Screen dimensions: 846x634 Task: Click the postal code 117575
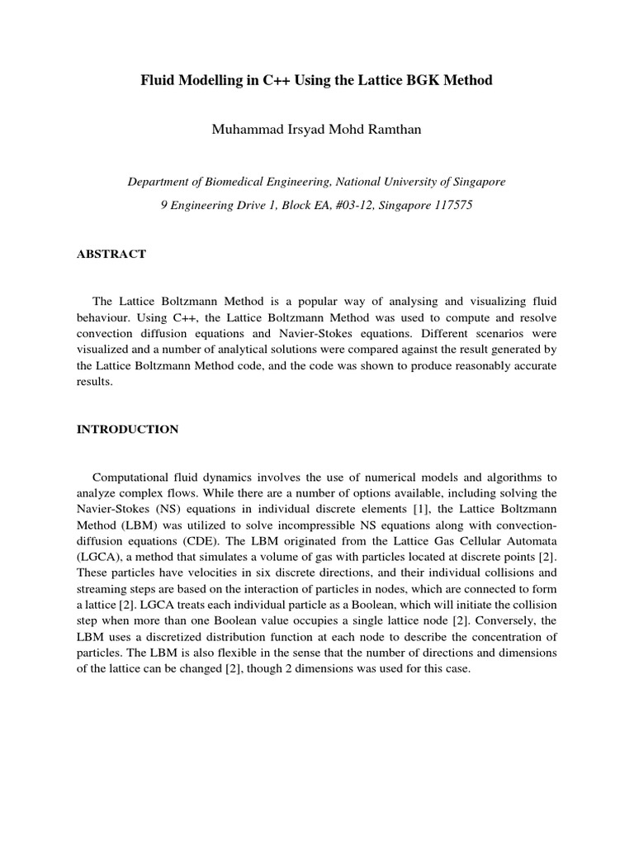coord(449,205)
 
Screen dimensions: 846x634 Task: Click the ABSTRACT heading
coord(111,254)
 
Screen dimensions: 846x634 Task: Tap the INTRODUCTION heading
coord(127,430)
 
